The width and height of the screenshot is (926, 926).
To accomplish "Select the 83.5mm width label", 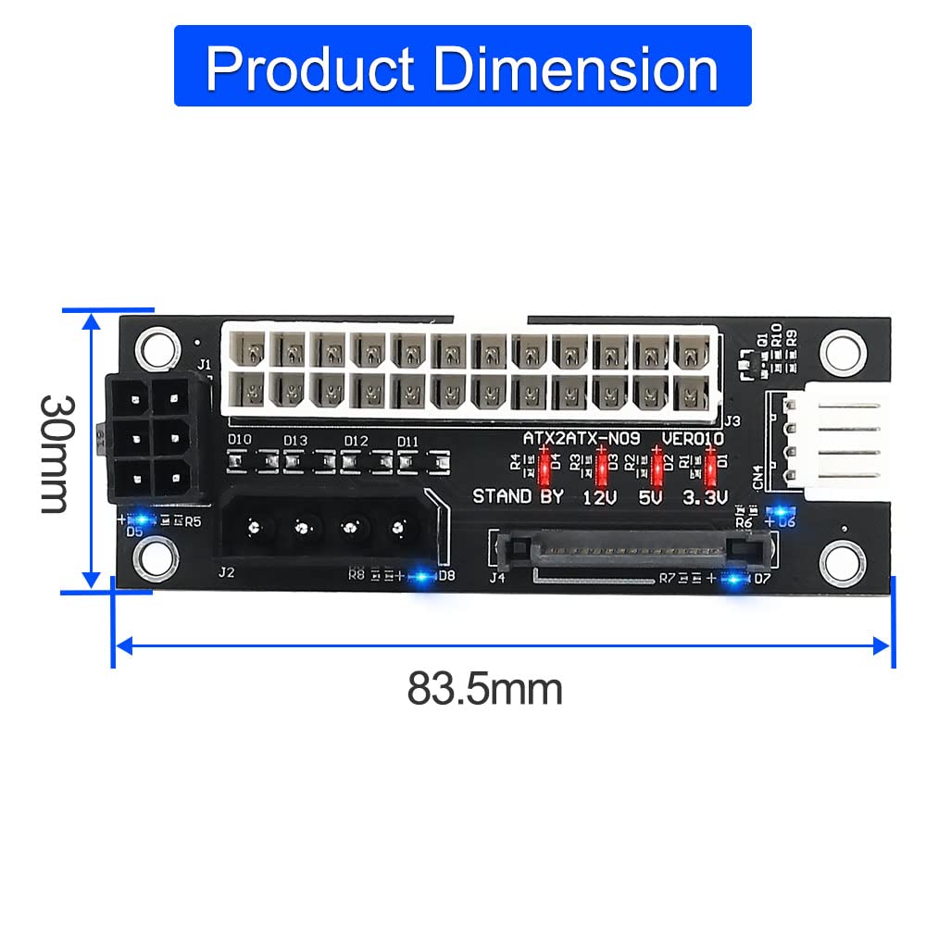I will (x=484, y=689).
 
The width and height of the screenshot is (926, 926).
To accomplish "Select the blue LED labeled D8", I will (x=422, y=576).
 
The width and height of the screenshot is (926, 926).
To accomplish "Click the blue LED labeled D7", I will (x=736, y=580).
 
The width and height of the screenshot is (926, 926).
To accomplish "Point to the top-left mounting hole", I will (x=156, y=347).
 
